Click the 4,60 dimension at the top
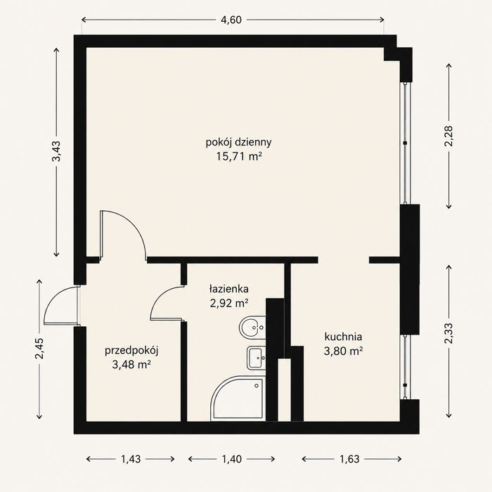point(231,20)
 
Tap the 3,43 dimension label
point(56,151)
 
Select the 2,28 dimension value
point(448,136)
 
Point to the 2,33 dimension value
point(448,334)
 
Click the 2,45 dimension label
point(39,349)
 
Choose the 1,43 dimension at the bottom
point(131,459)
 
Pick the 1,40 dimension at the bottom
point(232,459)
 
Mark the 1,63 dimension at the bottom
point(349,459)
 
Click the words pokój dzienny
point(238,143)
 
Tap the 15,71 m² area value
point(239,156)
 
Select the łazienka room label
point(228,289)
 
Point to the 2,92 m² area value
point(229,303)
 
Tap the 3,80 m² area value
point(343,351)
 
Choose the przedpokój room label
point(131,351)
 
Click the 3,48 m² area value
point(131,364)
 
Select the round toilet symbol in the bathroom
point(252,327)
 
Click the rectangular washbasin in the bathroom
point(257,358)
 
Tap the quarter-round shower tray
point(238,398)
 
